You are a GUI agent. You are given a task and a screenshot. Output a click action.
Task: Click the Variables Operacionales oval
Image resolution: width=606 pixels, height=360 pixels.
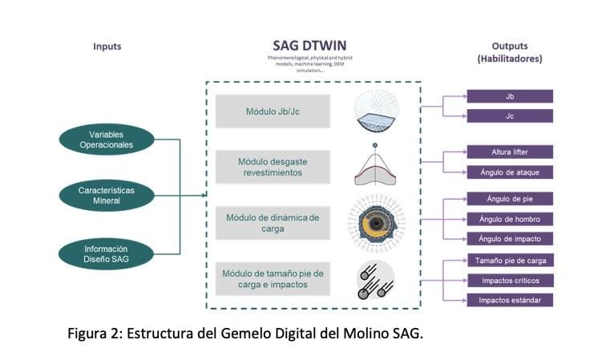(x=106, y=140)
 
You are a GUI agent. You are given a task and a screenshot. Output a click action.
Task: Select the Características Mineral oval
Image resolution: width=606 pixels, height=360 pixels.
(x=106, y=195)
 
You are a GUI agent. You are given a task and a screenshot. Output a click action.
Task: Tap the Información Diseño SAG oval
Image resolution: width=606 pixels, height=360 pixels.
(x=106, y=253)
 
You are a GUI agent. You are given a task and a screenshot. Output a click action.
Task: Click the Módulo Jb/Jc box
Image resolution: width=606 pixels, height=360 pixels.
(x=273, y=111)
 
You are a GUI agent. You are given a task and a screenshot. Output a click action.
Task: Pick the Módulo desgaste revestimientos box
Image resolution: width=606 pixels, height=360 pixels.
(x=273, y=167)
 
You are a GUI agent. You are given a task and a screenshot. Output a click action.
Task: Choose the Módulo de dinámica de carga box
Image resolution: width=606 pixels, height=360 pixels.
(x=273, y=223)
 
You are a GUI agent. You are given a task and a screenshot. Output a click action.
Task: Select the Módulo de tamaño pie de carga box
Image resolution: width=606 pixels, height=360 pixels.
(x=273, y=278)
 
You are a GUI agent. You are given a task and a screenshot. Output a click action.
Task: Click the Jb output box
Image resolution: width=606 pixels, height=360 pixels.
(x=510, y=96)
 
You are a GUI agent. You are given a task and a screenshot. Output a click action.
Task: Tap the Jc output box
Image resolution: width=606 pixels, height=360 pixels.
(x=510, y=116)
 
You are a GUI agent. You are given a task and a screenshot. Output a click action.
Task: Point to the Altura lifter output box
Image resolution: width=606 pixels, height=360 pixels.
(x=510, y=152)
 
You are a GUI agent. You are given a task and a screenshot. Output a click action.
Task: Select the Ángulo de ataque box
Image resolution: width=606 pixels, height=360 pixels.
(x=510, y=172)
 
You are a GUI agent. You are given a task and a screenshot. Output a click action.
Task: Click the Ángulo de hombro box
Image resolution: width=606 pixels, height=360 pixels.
(x=510, y=219)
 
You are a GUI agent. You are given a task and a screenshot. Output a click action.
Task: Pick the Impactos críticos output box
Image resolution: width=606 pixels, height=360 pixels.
(x=510, y=280)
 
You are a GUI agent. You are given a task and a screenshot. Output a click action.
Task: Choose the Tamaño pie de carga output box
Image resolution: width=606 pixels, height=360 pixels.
(x=510, y=260)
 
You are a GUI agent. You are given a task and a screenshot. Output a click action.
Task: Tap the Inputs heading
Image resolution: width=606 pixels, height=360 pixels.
(x=107, y=47)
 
